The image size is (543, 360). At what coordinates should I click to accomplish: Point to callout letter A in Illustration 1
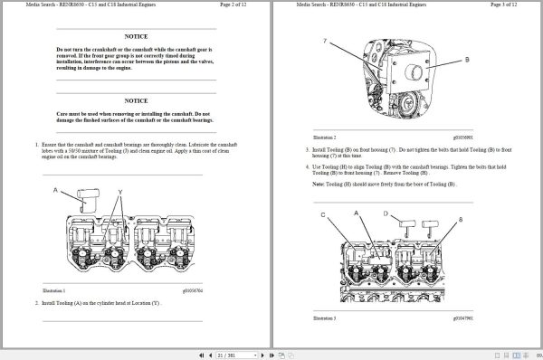56,190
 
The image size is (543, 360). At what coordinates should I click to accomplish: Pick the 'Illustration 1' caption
54,290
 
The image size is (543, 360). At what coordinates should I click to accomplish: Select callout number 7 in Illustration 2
324,42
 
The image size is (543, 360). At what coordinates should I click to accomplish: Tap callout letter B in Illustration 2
466,59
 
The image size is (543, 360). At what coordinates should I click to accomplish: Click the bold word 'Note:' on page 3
319,184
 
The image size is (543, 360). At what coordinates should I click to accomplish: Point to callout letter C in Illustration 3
322,215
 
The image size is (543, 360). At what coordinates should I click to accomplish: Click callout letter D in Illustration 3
385,214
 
